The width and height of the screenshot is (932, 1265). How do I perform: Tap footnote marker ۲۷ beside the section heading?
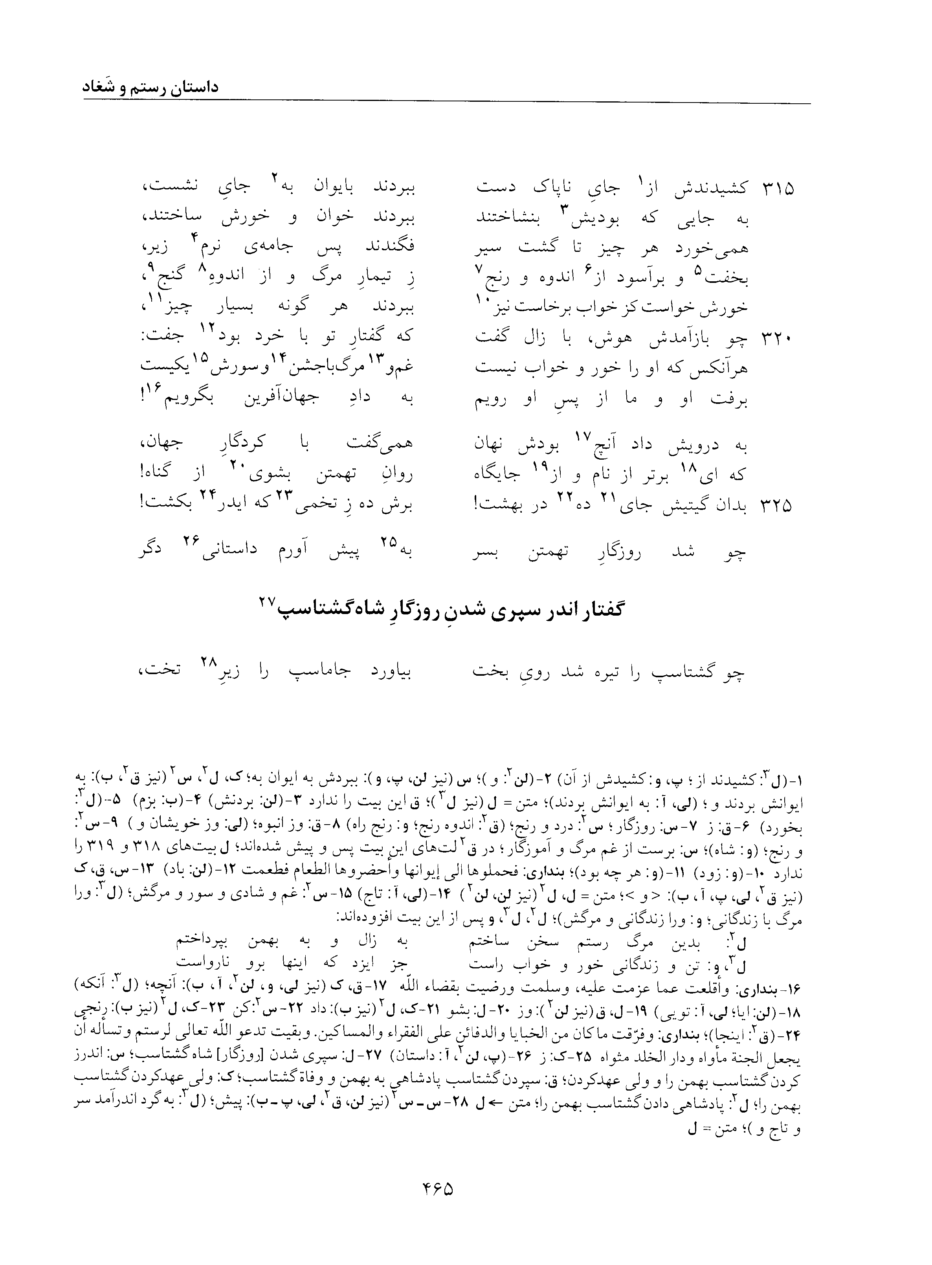coord(267,602)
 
